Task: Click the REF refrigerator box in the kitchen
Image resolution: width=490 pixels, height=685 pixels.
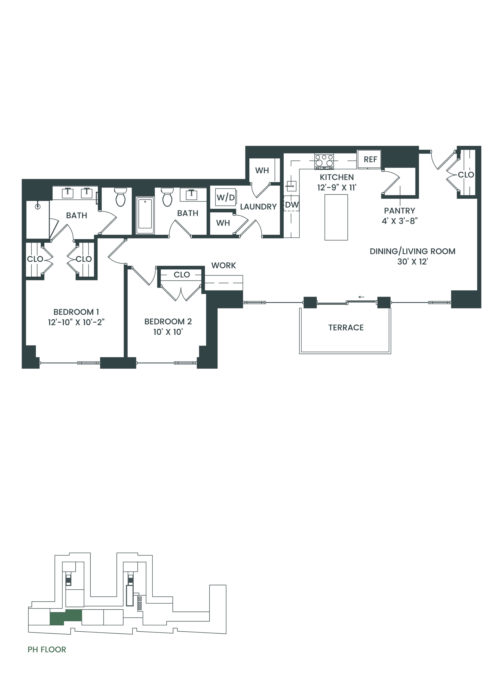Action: (369, 159)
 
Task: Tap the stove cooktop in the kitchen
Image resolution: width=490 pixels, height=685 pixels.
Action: (324, 161)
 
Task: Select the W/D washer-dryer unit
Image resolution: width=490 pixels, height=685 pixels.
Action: (226, 197)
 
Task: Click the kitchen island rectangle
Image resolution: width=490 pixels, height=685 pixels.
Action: (336, 217)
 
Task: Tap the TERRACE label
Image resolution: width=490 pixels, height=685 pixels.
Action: (346, 328)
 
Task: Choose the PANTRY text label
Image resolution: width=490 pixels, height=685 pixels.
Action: (399, 211)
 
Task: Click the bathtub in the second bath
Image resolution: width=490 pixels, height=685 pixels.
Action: (145, 215)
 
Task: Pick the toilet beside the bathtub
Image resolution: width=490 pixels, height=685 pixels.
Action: (167, 197)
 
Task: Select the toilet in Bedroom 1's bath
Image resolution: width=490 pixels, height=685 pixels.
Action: (120, 197)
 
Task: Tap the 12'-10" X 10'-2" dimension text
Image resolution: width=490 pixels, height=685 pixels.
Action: (76, 322)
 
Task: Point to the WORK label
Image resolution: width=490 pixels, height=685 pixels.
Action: (223, 265)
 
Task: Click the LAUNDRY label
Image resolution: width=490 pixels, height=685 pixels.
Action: (258, 207)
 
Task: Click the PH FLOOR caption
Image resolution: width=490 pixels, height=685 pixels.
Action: (47, 650)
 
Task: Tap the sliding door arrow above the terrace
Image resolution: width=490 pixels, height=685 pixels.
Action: (361, 297)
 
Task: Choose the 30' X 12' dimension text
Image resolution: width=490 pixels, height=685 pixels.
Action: (412, 262)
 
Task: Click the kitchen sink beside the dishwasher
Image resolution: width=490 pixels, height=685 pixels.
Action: (291, 186)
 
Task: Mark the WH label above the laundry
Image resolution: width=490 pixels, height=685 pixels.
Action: (262, 170)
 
